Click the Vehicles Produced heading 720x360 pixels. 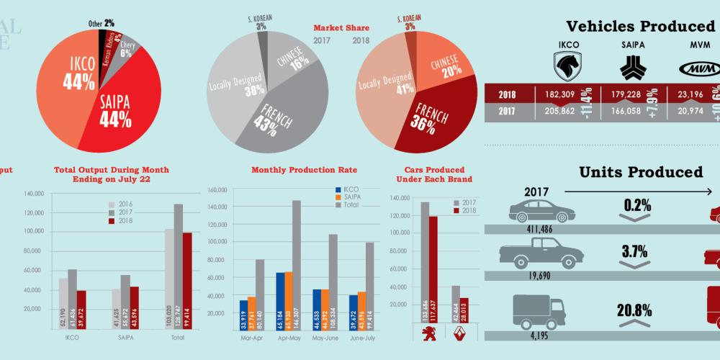(640, 27)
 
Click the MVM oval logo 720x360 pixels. (696, 68)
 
